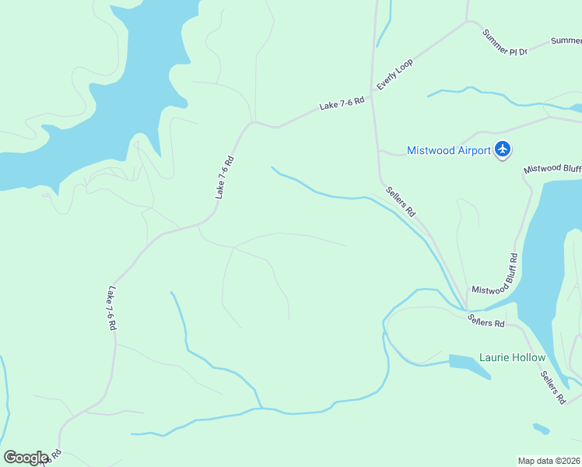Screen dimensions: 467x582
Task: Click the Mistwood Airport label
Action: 449,150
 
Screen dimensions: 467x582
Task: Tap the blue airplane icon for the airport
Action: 503,149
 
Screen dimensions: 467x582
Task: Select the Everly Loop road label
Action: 394,74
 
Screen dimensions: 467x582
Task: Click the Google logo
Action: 26,458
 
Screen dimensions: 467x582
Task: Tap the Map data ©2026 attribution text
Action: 549,460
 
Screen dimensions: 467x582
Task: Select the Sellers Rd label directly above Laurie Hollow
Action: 486,319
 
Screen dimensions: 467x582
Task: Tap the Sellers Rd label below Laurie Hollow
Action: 553,387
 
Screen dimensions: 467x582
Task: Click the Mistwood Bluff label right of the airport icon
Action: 552,168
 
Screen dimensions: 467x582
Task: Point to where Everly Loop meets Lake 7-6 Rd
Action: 371,96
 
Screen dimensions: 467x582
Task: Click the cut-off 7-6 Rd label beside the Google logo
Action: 54,457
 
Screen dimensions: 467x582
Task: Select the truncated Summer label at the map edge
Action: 566,40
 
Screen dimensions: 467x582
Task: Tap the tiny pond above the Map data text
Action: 541,428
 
